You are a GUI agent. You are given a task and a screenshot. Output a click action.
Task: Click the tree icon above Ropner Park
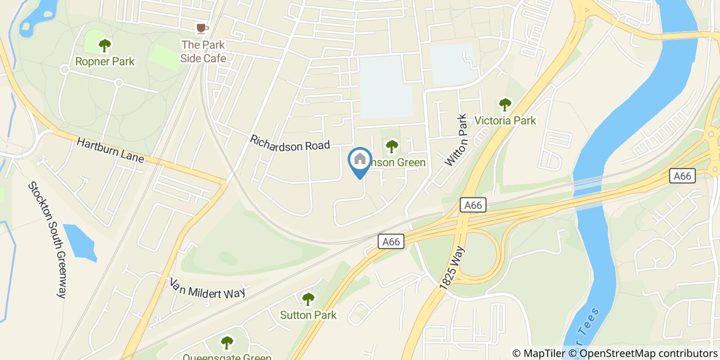[x=105, y=45]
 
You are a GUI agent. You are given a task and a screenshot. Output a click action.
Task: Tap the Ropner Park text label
[x=105, y=62]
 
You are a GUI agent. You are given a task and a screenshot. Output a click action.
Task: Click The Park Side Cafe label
[x=203, y=51]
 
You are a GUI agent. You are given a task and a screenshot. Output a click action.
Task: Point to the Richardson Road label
[x=290, y=142]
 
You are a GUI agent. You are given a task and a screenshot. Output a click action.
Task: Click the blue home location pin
[x=360, y=161]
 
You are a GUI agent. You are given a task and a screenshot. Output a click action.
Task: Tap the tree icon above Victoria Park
[x=505, y=104]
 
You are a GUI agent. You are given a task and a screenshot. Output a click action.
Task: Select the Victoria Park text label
[x=505, y=121]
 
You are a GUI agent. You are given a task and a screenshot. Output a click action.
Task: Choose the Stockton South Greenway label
[x=47, y=240]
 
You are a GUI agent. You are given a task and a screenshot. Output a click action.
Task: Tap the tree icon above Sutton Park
[x=308, y=298]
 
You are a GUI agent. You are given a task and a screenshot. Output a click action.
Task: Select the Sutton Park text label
[x=308, y=315]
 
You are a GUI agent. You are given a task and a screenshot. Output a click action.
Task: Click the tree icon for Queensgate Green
[x=227, y=342]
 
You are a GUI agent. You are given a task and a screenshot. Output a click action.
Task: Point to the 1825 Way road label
[x=453, y=269]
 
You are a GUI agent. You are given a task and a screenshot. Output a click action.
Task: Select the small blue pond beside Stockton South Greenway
[x=80, y=242]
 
